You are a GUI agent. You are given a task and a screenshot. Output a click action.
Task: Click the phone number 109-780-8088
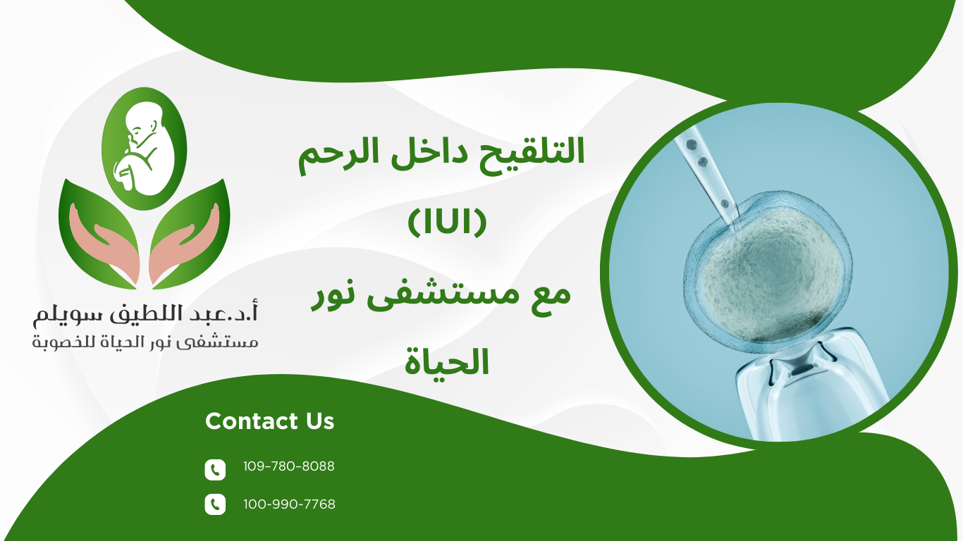[x=288, y=466]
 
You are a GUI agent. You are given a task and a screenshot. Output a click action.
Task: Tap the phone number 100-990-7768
[x=289, y=504]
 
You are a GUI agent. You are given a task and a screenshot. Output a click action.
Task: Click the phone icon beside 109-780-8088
[x=215, y=470]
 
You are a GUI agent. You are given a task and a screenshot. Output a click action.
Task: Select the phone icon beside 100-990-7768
[x=215, y=504]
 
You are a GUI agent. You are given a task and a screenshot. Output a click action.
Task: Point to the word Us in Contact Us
[x=320, y=421]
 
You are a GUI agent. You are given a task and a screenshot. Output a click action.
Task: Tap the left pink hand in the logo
[x=106, y=250]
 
